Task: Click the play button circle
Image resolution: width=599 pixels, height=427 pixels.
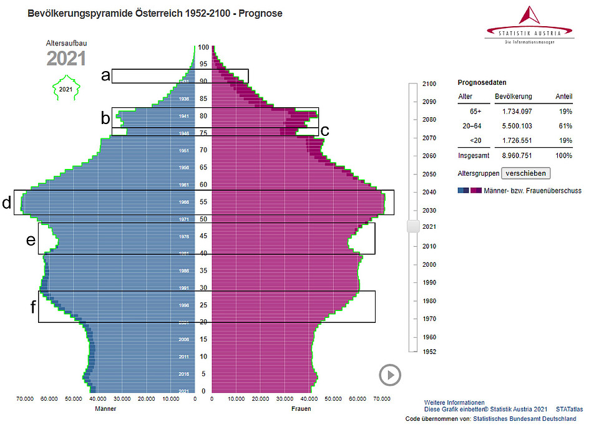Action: point(390,375)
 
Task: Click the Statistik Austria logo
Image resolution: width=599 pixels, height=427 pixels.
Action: point(529,24)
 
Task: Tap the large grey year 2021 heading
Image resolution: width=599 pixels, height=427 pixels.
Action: point(66,59)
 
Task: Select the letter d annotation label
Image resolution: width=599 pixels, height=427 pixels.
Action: point(6,203)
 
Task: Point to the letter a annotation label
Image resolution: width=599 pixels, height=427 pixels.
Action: point(105,76)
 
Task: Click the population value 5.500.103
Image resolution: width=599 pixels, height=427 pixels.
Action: point(513,125)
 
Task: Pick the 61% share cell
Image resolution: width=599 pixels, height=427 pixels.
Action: point(565,125)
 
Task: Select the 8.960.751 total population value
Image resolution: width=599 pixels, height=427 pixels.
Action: point(513,155)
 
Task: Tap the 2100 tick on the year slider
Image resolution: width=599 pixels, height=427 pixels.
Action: point(429,84)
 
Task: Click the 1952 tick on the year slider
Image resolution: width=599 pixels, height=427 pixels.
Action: point(429,352)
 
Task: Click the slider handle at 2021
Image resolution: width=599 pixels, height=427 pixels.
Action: point(412,226)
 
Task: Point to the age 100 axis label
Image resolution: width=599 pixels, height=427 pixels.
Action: point(203,47)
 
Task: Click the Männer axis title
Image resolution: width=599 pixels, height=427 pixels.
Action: point(105,409)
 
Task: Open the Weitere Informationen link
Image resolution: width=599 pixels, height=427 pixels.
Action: point(454,403)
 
